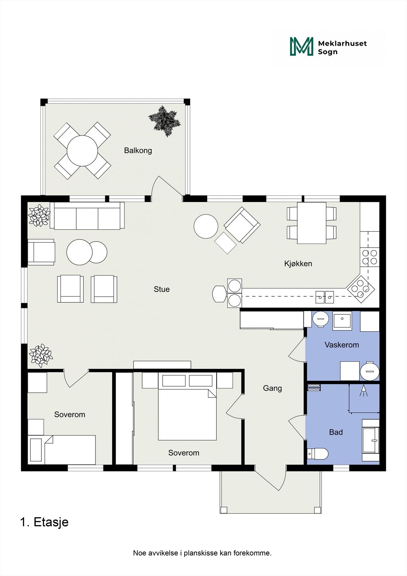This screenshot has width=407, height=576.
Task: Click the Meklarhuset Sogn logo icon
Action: coord(302,46)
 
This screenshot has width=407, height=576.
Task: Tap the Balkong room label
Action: coord(138,150)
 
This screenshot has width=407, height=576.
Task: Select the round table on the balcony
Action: coord(82,151)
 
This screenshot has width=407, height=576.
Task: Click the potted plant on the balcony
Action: coord(164,121)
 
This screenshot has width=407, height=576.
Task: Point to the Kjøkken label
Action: coord(298,264)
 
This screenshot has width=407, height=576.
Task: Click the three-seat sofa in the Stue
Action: coord(87,216)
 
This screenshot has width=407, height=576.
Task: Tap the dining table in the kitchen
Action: coord(312,223)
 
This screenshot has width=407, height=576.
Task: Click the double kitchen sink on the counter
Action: coord(325,297)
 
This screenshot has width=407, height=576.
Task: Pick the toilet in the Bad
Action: coord(318,454)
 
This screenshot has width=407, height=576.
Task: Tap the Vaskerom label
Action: coord(342,345)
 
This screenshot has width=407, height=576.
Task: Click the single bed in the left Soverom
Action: coord(62,450)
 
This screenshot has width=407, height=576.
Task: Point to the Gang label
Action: coord(272,388)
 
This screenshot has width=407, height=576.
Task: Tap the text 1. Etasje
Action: coord(44,522)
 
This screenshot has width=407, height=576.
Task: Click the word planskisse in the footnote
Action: coord(200,553)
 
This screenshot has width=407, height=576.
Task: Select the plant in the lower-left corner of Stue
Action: coord(41,355)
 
